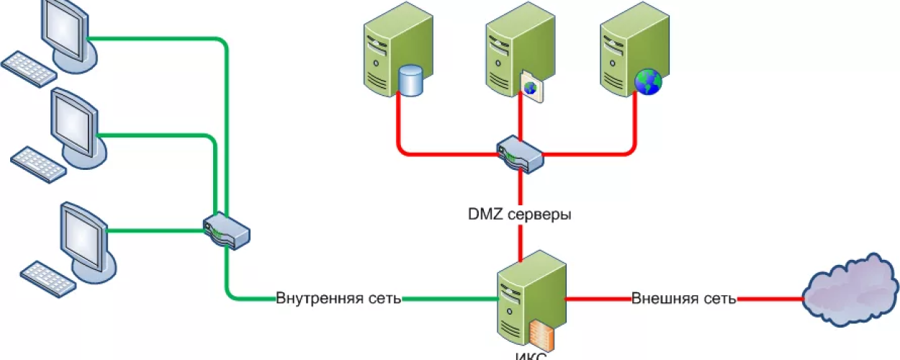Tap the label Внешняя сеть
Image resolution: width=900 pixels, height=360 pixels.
[683, 298]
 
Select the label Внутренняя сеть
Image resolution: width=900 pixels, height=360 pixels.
[338, 298]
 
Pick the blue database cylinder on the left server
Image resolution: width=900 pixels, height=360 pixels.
[410, 81]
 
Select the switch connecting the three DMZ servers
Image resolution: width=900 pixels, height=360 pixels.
[519, 153]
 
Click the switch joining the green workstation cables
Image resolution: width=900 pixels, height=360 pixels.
[226, 230]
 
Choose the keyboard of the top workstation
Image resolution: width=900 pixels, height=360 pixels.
[29, 68]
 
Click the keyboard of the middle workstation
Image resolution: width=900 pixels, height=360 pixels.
[38, 163]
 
